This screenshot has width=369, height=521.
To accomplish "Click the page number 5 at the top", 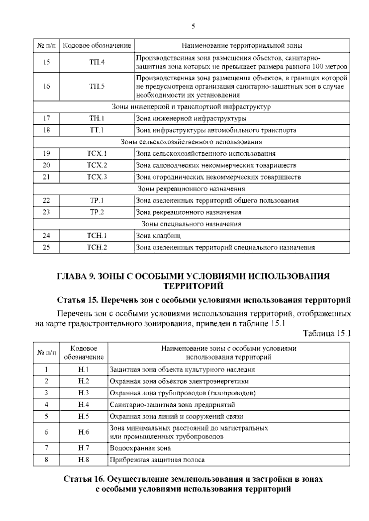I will tap(193, 27).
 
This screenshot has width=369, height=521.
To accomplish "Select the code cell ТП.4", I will tap(97, 62).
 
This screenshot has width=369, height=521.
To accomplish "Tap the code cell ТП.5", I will tap(97, 87).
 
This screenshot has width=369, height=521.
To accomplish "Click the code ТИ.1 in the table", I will tap(97, 118).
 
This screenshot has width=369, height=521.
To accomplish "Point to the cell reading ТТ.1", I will tap(97, 130).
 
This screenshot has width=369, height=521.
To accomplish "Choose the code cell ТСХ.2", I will tap(97, 165).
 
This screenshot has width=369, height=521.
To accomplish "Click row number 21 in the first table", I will tap(46, 177).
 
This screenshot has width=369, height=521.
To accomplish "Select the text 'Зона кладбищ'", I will tap(158, 236).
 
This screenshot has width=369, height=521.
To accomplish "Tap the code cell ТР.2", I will tap(97, 212).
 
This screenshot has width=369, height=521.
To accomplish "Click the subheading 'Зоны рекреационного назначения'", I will tap(191, 189).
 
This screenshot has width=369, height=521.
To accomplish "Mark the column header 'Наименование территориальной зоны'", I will tap(242, 46).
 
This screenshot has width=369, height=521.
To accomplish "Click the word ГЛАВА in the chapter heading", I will tap(71, 276).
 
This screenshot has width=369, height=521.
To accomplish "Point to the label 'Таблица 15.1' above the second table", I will tap(327, 334).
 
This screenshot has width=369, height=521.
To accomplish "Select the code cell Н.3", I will tap(84, 393).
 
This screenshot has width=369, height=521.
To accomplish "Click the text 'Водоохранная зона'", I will tap(140, 448).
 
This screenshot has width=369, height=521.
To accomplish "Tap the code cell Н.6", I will tap(84, 432).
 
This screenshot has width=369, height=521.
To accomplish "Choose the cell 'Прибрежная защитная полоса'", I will tap(157, 460).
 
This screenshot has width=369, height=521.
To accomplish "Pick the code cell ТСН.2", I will tap(97, 247).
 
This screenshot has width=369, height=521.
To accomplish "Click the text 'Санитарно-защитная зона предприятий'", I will tap(172, 405).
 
